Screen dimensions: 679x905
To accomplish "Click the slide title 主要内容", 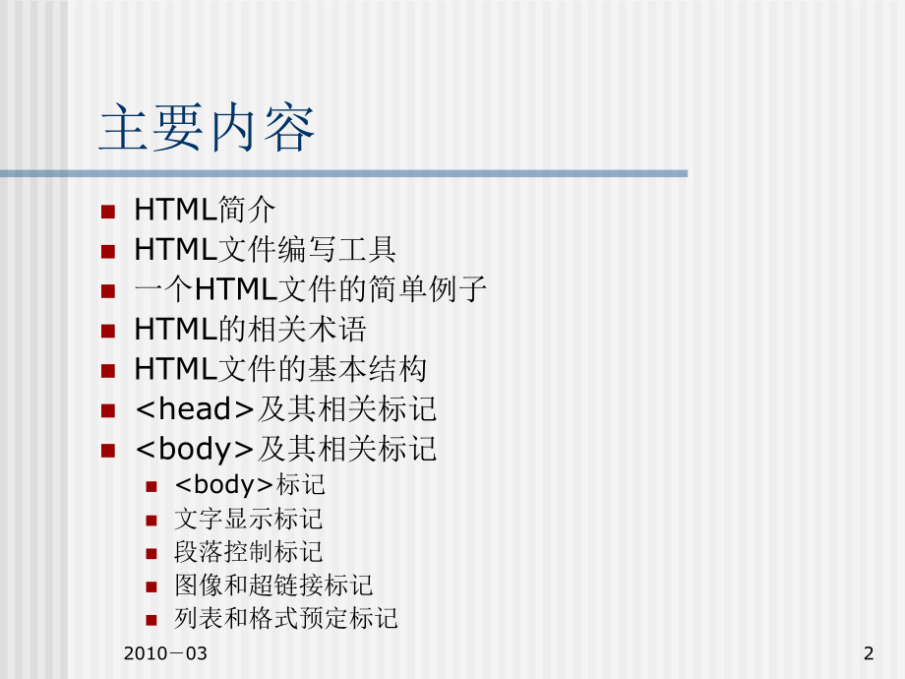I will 208,130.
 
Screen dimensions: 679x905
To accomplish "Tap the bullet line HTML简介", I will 205,210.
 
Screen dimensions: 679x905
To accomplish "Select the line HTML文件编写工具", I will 265,250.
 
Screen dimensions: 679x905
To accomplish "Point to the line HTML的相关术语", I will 250,329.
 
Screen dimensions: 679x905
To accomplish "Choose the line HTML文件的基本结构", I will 280,369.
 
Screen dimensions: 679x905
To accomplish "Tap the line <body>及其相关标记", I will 285,450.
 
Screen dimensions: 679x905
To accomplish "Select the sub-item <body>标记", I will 250,485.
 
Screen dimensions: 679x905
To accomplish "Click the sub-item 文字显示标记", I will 249,519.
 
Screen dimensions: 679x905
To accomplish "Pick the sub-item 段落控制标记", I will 249,552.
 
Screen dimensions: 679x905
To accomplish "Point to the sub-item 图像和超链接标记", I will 273,586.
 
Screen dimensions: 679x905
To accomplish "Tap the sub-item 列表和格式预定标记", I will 286,619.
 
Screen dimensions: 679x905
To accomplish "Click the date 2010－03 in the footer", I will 167,653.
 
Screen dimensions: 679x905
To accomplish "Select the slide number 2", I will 868,653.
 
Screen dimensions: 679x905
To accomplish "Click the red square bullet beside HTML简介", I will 108,211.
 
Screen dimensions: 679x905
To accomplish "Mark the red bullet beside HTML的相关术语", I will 108,331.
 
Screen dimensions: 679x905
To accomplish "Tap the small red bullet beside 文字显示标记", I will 151,520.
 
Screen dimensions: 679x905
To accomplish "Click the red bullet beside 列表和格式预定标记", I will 151,620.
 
